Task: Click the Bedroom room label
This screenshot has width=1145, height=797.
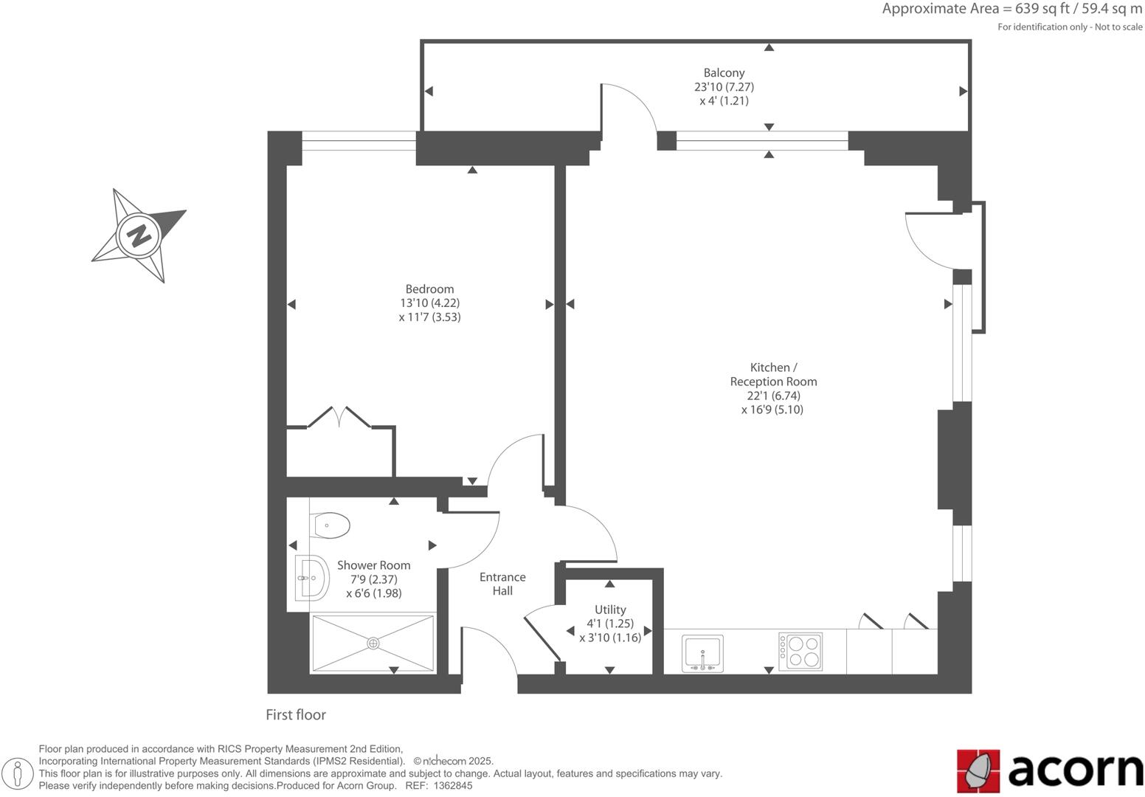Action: coord(429,289)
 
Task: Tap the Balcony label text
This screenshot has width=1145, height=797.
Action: coord(724,73)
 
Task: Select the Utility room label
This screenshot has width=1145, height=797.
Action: coord(610,610)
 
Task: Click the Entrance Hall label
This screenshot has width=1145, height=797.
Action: coord(502,584)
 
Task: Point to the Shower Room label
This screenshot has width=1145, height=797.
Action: coord(373,565)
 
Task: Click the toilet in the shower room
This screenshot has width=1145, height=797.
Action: coord(331,525)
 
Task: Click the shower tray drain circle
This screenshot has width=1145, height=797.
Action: coord(373,644)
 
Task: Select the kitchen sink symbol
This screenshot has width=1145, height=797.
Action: coord(702,653)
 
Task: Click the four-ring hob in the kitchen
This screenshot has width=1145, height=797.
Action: coord(800,652)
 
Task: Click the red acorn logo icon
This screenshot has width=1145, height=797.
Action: coord(978,771)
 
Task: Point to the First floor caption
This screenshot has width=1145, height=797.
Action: coord(296,714)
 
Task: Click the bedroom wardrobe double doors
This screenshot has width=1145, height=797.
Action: coord(339,416)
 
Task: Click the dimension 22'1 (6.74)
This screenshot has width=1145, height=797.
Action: coord(773,396)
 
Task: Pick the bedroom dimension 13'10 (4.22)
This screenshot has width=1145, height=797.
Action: coord(429,303)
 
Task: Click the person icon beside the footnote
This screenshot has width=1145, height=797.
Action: coord(18,773)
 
